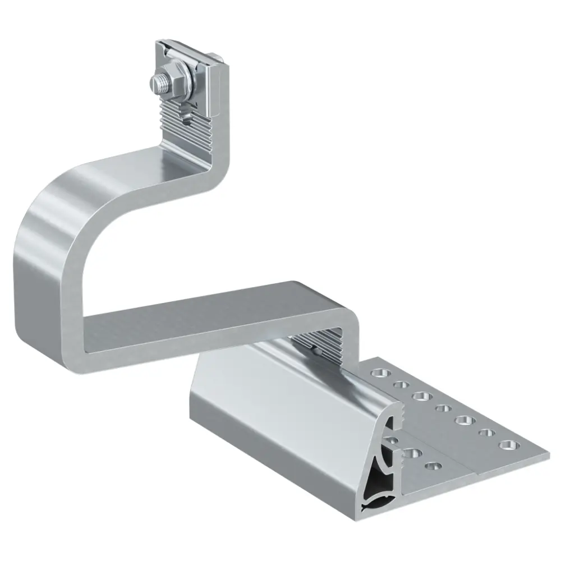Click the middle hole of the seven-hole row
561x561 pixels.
point(443,407)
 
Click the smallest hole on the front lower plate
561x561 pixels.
point(432,465)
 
